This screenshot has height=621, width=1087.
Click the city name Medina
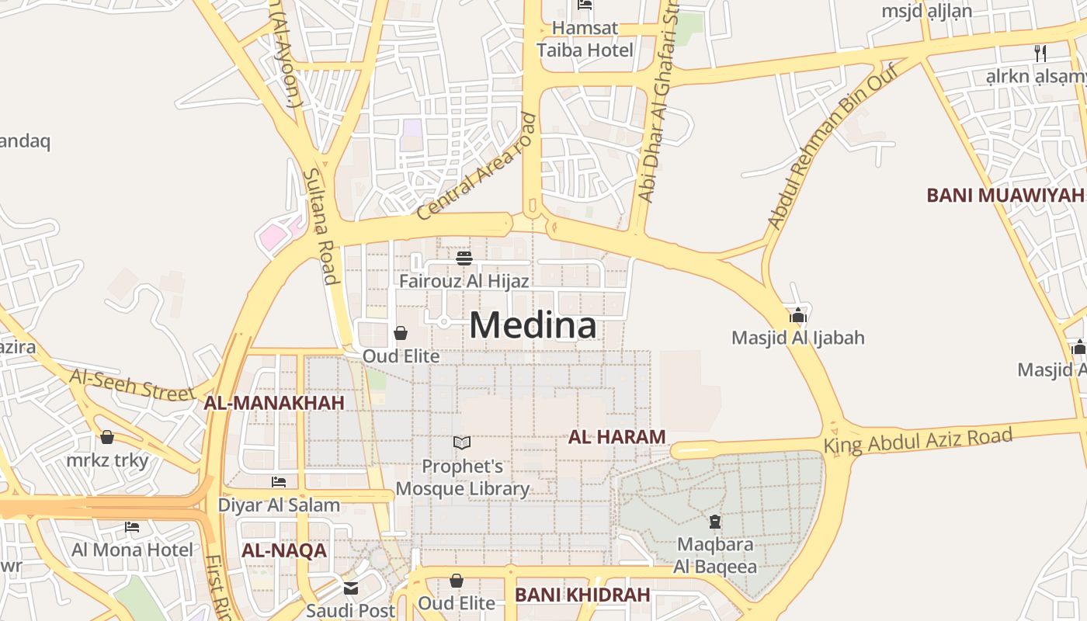533,325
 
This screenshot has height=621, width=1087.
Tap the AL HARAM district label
616,437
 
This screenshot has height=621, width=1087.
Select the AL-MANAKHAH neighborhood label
273,403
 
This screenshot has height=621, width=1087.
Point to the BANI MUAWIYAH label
1005,195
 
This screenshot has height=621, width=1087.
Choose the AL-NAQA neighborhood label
283,551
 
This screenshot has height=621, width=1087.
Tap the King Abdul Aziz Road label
918,440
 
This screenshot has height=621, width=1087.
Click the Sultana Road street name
321,226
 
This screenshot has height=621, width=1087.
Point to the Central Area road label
476,168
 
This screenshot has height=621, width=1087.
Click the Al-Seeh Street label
132,385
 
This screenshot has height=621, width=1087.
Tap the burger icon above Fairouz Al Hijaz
464,258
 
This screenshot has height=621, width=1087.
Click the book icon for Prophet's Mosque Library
462,443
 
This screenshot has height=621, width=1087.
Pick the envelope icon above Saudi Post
351,588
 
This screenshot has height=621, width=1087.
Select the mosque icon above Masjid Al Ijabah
798,315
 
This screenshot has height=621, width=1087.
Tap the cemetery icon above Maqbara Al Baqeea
715,521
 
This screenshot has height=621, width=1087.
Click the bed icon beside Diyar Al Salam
279,482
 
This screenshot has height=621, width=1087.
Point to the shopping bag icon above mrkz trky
107,437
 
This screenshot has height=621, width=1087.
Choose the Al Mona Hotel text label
132,550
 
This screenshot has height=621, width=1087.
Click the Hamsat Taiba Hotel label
585,39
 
